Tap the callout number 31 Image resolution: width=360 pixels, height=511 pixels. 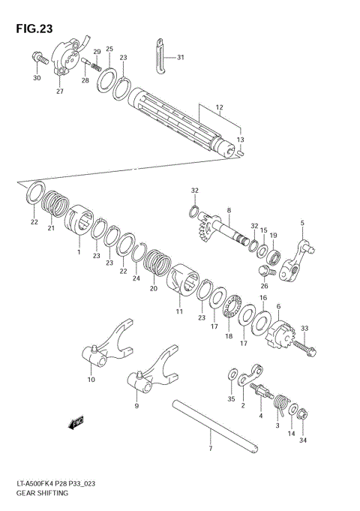tap(179, 57)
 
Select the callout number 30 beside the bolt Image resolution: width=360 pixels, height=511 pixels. tap(37, 78)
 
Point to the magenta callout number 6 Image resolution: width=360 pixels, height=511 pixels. tap(278, 305)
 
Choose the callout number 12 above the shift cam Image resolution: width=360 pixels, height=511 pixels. tap(219, 108)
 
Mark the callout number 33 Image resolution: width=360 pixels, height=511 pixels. tap(304, 328)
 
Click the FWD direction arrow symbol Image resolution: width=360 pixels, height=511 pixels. tap(76, 424)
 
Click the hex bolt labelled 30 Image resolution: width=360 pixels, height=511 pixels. tap(38, 57)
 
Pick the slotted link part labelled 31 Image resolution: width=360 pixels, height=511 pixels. tap(159, 56)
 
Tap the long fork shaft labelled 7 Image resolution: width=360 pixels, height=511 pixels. tap(217, 427)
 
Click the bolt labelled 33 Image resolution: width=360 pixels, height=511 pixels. tap(305, 347)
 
